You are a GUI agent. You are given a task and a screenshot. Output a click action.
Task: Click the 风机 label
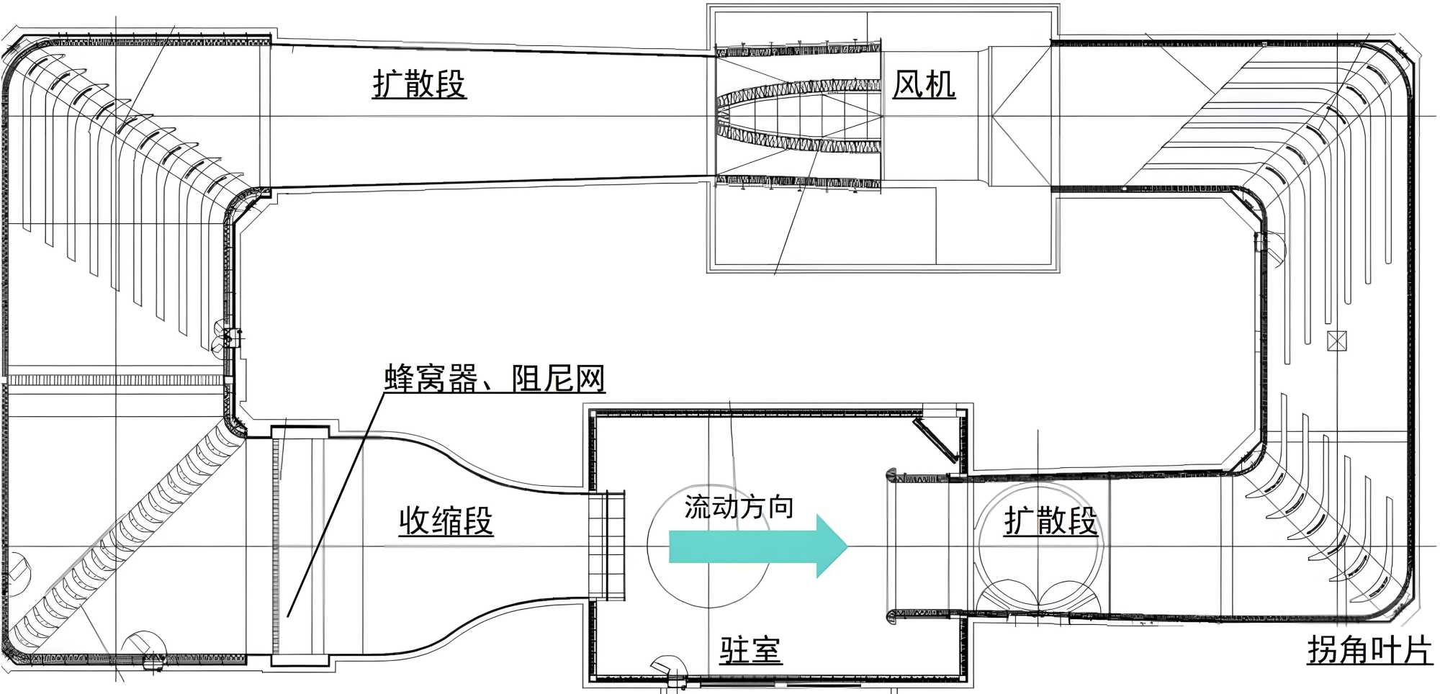924,85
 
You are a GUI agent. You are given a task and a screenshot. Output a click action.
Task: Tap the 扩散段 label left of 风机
419,84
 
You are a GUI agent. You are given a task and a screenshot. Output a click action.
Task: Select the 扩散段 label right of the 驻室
1050,520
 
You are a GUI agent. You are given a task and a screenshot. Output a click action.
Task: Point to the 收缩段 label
446,520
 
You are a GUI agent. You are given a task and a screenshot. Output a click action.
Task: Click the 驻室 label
750,650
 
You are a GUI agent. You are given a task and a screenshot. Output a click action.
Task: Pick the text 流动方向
739,507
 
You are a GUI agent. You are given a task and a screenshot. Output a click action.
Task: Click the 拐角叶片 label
1369,650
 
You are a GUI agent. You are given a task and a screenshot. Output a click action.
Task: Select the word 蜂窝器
431,379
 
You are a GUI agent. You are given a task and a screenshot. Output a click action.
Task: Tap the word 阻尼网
559,379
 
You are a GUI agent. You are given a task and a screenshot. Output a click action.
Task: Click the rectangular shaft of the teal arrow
742,546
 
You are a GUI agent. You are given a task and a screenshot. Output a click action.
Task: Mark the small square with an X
1336,341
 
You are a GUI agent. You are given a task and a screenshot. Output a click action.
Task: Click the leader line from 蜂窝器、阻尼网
336,504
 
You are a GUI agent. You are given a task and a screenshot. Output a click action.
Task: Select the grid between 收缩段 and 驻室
606,545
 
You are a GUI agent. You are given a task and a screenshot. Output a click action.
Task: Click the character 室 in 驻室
765,650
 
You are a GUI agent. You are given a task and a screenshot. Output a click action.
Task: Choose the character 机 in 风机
940,85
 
